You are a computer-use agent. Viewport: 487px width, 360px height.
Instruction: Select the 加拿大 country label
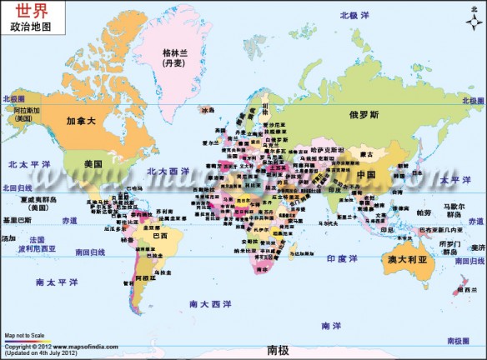pos(82,120)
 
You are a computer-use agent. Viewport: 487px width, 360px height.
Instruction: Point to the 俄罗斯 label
pos(364,114)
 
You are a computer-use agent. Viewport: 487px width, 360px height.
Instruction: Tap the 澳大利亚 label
pos(407,260)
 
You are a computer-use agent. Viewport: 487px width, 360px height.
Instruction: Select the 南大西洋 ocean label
pos(208,304)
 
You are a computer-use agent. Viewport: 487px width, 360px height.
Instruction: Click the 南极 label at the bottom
pos(278,350)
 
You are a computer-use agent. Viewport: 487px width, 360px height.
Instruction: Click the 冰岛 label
pos(207,109)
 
